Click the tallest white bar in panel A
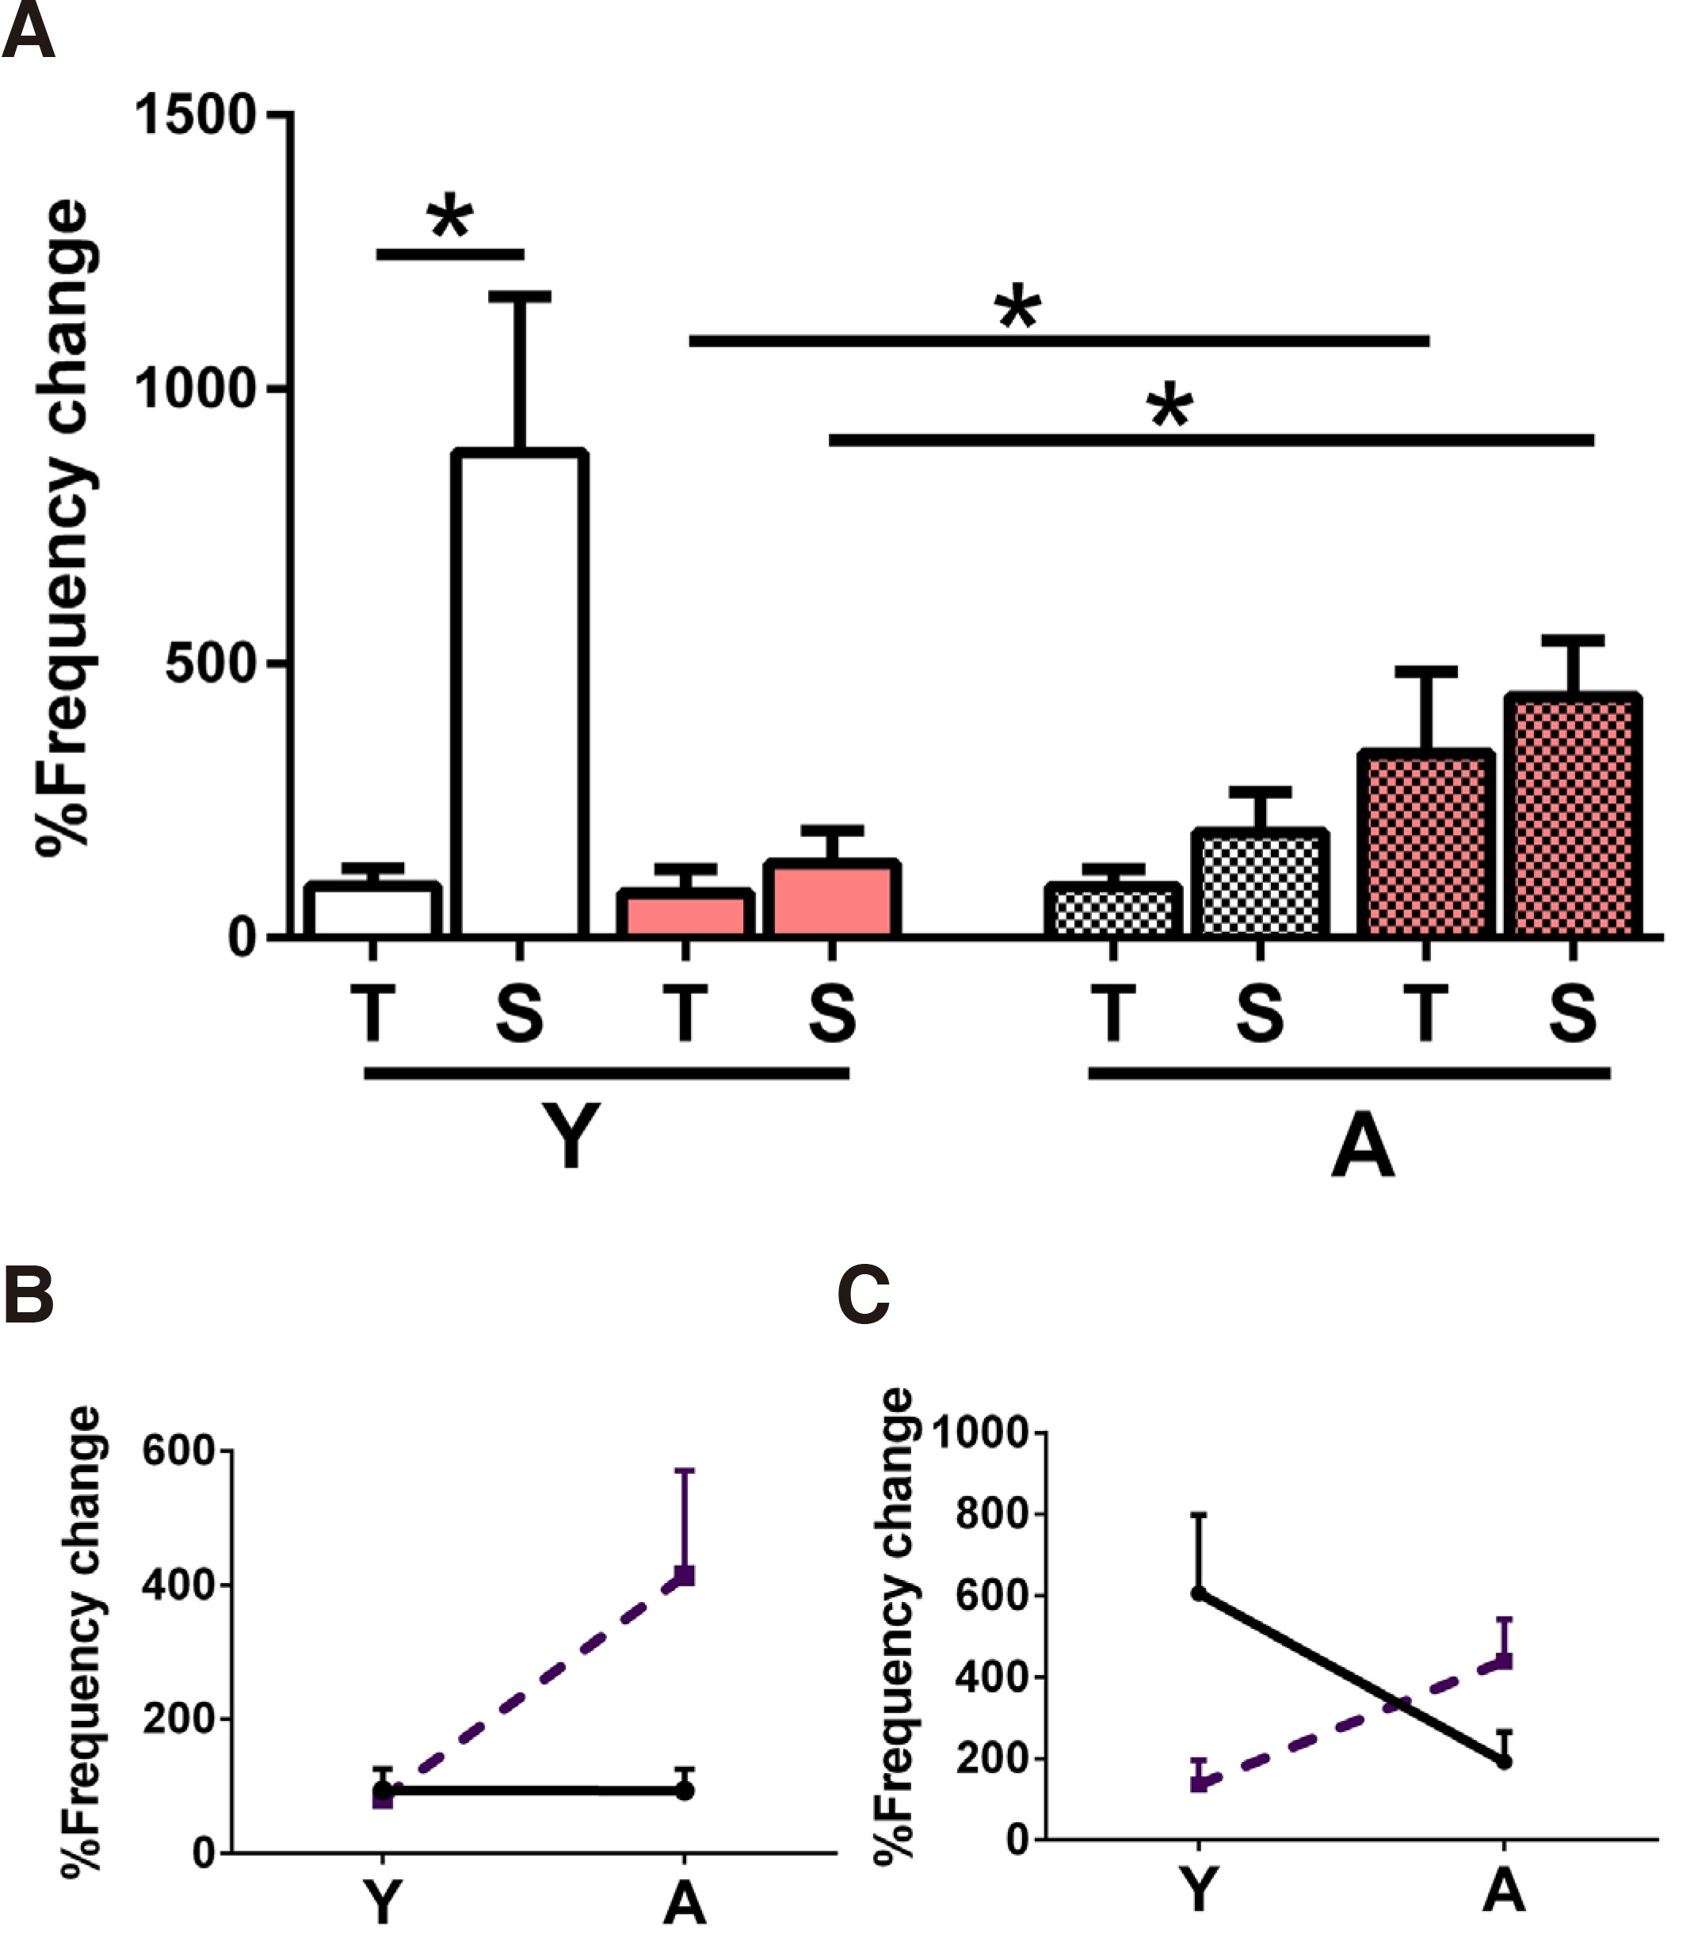[x=520, y=695]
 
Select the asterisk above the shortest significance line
[x=450, y=219]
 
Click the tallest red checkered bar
[x=1573, y=816]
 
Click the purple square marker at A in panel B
[x=685, y=1576]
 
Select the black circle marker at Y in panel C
[x=1199, y=1594]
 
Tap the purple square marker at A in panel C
[x=1505, y=1661]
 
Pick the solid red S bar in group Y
[x=832, y=899]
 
